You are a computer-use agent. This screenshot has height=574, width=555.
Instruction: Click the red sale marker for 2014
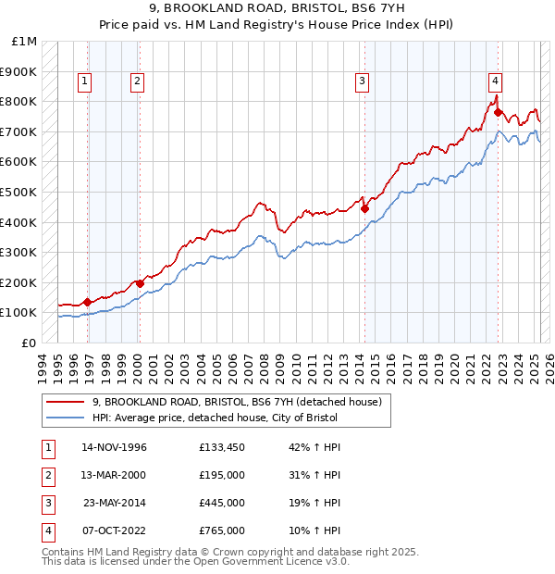364,208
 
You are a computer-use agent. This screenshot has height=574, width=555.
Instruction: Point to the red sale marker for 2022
498,112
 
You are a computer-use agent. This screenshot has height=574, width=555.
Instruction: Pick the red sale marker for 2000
139,283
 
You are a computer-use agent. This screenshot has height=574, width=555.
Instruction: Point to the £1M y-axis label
25,41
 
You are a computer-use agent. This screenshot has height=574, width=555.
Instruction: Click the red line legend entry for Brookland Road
242,402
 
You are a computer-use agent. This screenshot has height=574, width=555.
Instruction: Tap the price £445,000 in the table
222,504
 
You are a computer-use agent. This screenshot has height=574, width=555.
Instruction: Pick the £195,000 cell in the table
222,475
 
